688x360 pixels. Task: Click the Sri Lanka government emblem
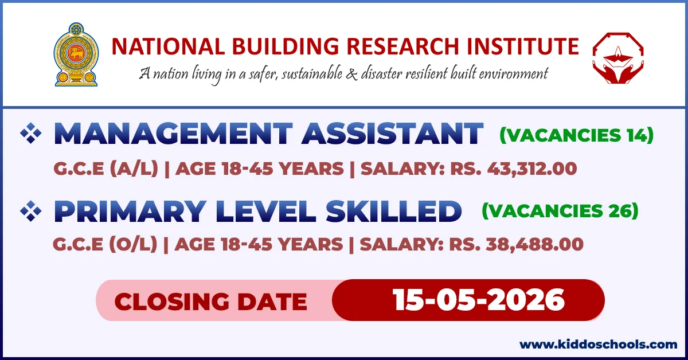point(76,54)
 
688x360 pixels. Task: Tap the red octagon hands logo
point(617,56)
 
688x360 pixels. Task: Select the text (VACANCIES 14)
point(576,136)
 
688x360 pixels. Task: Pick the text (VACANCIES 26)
point(560,212)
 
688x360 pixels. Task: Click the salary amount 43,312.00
point(531,169)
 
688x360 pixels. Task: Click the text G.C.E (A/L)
point(105,169)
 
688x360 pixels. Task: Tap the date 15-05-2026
point(479,300)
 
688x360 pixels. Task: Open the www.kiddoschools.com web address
point(598,345)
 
